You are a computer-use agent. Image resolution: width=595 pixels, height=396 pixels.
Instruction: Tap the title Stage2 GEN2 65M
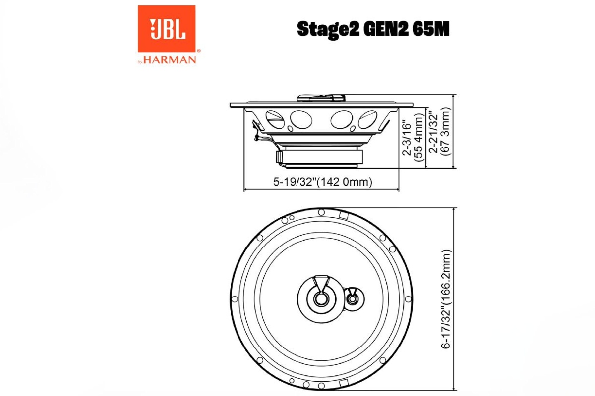click(x=373, y=29)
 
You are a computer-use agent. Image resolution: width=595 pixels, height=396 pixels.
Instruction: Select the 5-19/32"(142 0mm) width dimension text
click(x=322, y=182)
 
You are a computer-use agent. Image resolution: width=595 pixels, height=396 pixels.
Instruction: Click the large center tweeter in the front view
click(x=320, y=297)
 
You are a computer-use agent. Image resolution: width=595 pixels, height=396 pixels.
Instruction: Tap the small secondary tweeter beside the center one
click(x=352, y=298)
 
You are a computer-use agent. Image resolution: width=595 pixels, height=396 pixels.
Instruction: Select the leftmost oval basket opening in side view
click(x=274, y=119)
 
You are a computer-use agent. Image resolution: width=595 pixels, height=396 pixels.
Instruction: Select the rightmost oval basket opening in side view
click(x=368, y=119)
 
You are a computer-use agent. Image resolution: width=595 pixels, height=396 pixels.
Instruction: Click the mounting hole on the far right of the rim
click(x=408, y=299)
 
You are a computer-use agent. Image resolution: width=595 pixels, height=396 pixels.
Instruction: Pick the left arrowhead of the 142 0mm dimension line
click(x=245, y=190)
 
